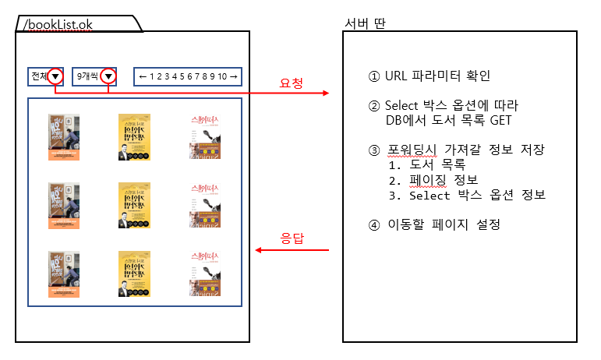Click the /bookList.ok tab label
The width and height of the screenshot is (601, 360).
coord(58,25)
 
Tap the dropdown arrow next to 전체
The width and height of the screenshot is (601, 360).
coord(55,76)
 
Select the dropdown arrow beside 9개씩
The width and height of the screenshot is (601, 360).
coord(109,76)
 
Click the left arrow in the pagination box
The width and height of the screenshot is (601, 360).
coord(143,76)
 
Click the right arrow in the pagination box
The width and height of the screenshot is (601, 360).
coord(233,76)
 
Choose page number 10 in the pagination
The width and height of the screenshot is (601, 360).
coord(222,76)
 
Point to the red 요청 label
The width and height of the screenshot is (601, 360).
coord(291,83)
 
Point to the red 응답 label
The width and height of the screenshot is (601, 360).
coord(291,237)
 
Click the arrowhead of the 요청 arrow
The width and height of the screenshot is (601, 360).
coord(326,94)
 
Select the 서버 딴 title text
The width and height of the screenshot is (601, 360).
coord(365,23)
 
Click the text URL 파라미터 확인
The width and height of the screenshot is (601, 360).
coord(437,76)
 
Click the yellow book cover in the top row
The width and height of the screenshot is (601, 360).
coord(134,137)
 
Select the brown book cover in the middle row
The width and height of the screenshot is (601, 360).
coord(63,206)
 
